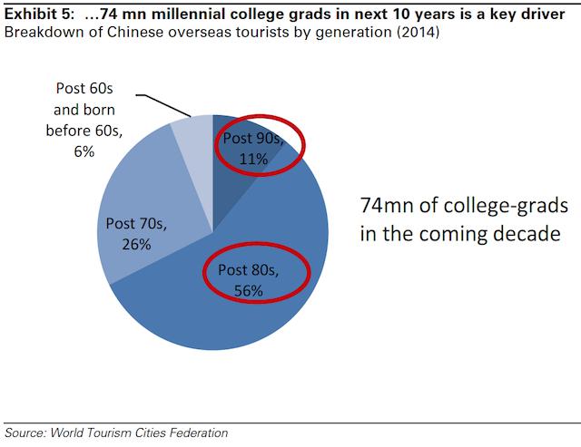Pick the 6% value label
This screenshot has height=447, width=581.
(x=84, y=152)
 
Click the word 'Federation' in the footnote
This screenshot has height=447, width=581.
(x=195, y=432)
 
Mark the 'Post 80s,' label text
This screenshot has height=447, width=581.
(x=247, y=271)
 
